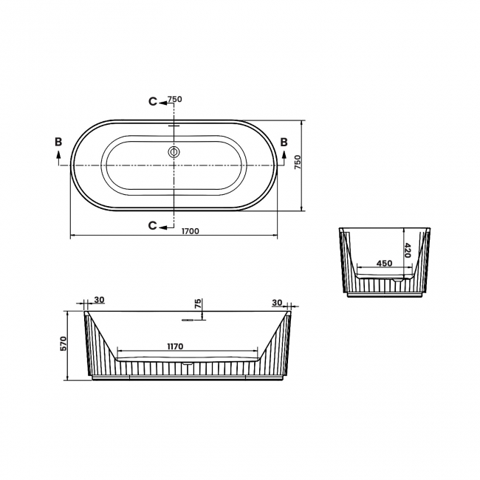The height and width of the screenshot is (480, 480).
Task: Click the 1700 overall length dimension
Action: [191, 231]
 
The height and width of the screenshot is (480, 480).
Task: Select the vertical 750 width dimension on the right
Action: [298, 163]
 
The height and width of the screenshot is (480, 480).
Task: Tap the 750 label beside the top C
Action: [175, 100]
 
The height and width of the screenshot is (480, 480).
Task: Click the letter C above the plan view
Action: [152, 101]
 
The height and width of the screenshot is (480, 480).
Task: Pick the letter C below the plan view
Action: [152, 225]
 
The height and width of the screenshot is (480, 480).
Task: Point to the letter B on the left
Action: [58, 141]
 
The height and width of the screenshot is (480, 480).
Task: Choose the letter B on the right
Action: [284, 141]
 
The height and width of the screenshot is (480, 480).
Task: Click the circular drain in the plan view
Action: [174, 153]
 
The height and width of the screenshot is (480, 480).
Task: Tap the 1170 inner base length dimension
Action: [174, 346]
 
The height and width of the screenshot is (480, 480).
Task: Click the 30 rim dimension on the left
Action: [100, 300]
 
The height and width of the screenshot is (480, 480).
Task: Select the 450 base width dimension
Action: [384, 263]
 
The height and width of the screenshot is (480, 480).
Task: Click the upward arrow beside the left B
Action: [58, 155]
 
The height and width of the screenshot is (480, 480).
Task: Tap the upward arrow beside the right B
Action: [284, 155]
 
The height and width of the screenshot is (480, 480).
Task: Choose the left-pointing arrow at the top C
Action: [163, 101]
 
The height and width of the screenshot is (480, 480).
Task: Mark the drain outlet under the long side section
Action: [188, 363]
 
